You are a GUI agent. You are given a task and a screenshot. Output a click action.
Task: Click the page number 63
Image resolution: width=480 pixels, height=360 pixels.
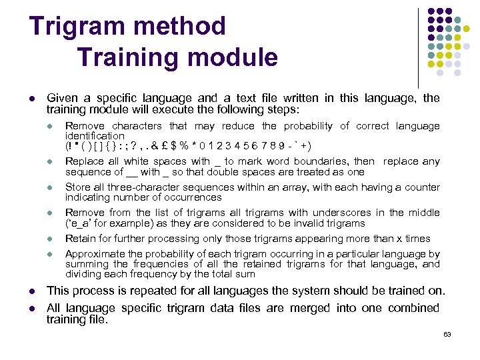(447, 334)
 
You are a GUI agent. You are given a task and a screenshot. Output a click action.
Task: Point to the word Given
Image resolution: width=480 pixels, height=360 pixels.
(62, 98)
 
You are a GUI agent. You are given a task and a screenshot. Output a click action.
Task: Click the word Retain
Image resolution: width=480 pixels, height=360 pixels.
(78, 239)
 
